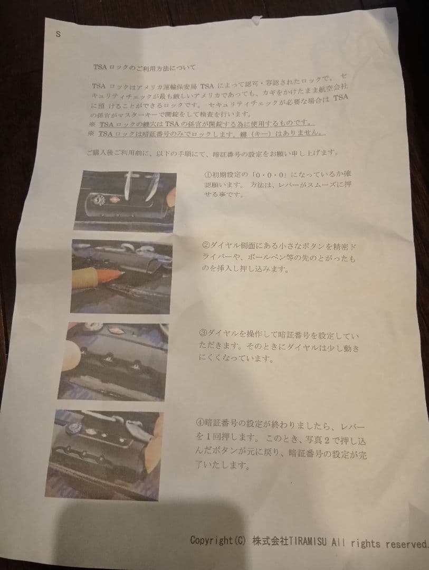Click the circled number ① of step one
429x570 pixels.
pyautogui.click(x=207, y=175)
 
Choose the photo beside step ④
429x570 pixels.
pyautogui.click(x=104, y=454)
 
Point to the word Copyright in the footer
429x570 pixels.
pyautogui.click(x=211, y=540)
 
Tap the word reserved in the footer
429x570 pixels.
pyautogui.click(x=407, y=544)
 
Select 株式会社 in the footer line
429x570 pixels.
pyautogui.click(x=266, y=541)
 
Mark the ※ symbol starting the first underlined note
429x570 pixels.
pyautogui.click(x=92, y=123)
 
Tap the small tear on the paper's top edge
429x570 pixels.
pyautogui.click(x=257, y=20)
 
